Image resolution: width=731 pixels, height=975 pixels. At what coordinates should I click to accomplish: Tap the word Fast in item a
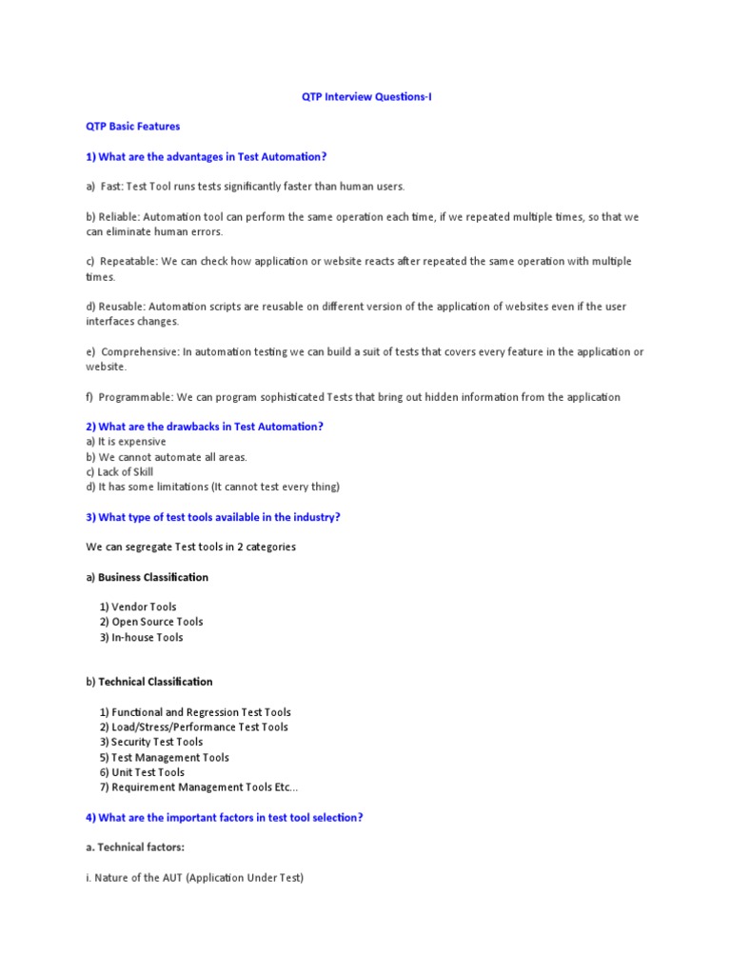(x=111, y=187)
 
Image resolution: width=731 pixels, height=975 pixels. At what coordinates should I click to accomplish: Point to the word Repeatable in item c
(x=128, y=262)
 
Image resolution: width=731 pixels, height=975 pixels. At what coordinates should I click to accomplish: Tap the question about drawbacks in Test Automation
(x=205, y=427)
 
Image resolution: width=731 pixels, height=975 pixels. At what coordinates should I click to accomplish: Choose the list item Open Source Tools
(x=157, y=622)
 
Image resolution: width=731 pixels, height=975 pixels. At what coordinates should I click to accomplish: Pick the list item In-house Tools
(x=147, y=637)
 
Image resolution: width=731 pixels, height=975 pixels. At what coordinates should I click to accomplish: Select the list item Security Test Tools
(x=157, y=742)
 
